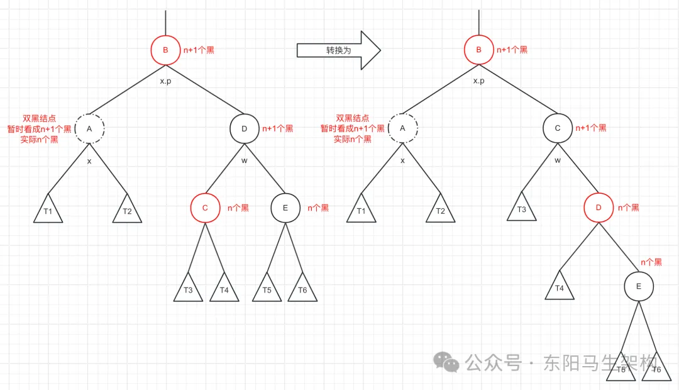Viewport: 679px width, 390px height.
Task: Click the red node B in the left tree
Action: [165, 50]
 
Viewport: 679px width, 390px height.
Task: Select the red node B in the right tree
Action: [478, 50]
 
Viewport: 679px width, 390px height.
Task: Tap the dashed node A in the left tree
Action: [89, 128]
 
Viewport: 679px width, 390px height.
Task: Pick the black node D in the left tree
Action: [244, 128]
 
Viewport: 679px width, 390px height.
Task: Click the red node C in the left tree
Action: [206, 208]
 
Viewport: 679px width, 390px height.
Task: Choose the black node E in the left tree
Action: [285, 208]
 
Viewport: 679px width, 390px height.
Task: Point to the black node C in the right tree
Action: [558, 128]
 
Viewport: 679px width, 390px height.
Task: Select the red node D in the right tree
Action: [598, 208]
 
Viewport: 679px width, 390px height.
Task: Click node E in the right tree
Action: [639, 287]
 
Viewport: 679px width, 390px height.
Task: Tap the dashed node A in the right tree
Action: [403, 128]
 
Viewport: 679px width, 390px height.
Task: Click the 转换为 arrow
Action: [338, 50]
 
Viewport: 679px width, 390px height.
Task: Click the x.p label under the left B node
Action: [165, 81]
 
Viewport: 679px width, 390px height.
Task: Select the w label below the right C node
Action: [557, 160]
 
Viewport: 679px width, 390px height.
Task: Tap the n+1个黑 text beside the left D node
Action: [277, 129]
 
